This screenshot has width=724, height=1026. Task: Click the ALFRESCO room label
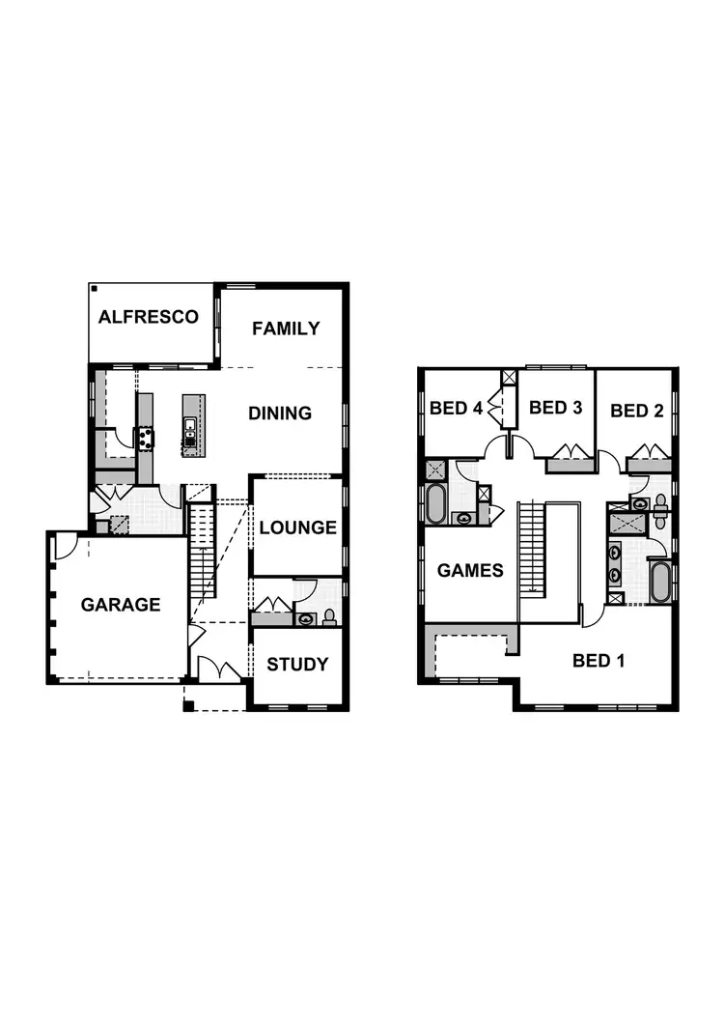click(x=149, y=317)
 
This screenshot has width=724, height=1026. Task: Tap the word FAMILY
click(x=286, y=328)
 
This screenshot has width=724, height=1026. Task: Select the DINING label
click(x=280, y=413)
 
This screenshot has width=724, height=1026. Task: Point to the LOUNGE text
click(x=297, y=527)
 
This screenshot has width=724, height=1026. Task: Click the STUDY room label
click(x=297, y=665)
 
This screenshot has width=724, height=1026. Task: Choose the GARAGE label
click(x=121, y=606)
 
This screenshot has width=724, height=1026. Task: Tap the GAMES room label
click(x=470, y=571)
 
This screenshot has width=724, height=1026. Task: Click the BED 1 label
click(x=598, y=661)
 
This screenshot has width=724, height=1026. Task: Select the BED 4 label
click(x=456, y=409)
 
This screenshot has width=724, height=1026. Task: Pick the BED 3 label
click(x=555, y=408)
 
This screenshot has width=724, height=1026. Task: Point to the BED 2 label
click(x=636, y=412)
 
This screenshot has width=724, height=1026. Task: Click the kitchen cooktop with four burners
click(x=145, y=440)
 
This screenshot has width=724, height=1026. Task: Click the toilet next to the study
click(x=330, y=616)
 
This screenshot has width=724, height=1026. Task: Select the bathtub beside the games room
click(x=435, y=504)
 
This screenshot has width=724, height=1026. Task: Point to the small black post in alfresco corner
click(x=95, y=288)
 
